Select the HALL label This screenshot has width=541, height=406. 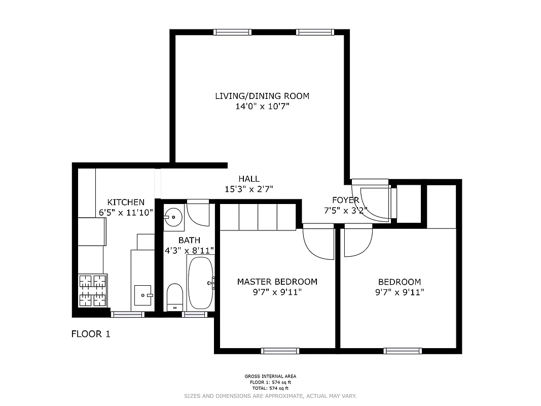(249, 179)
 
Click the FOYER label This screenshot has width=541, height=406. (345, 200)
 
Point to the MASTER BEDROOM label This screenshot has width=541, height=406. (277, 282)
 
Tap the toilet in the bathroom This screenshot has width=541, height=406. (174, 297)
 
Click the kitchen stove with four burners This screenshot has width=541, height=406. (93, 290)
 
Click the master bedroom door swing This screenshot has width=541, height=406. (317, 244)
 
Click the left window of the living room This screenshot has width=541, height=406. (232, 32)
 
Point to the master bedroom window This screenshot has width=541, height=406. (280, 351)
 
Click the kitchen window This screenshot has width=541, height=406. (128, 314)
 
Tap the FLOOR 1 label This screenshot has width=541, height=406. (90, 334)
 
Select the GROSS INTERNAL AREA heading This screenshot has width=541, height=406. (270, 376)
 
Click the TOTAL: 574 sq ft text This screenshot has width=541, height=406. (270, 388)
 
